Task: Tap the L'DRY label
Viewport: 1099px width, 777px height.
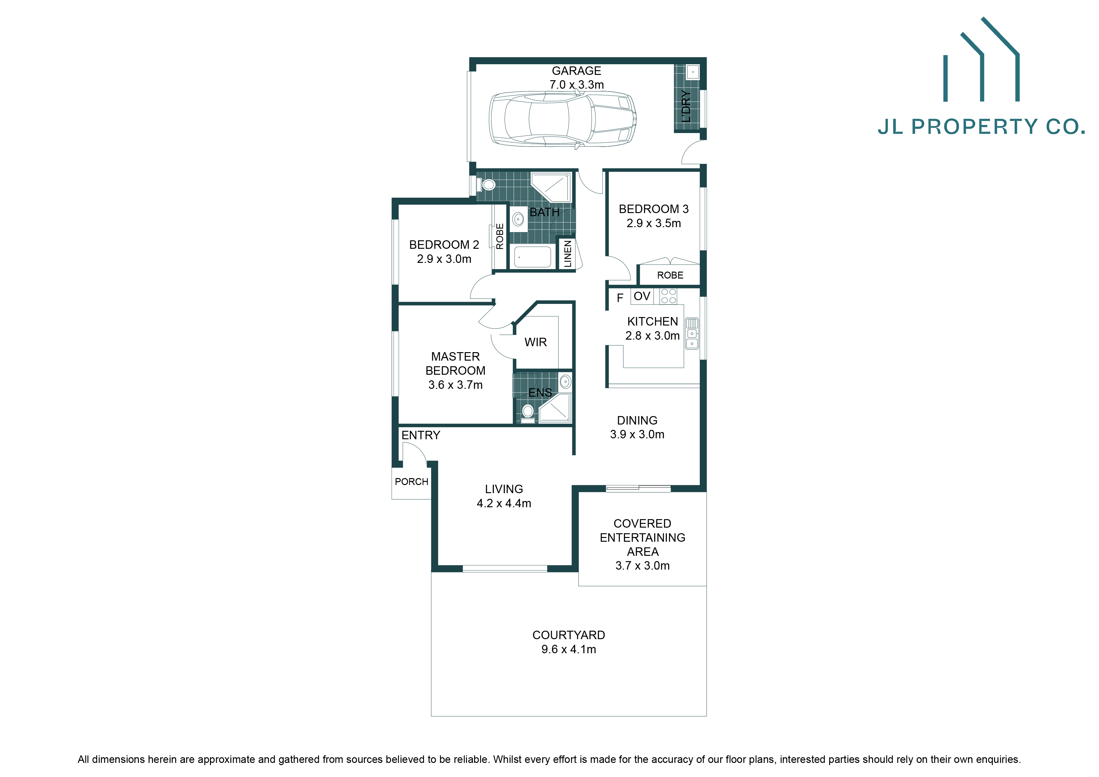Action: pos(686,106)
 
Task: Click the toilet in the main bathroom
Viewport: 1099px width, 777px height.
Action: pos(487,184)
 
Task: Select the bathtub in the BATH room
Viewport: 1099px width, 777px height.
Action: pos(532,257)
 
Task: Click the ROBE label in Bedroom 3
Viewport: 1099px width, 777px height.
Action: pos(670,275)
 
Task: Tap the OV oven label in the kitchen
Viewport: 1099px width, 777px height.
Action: pos(642,296)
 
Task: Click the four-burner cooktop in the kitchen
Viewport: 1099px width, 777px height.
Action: pos(669,296)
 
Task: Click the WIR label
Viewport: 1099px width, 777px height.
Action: pos(536,342)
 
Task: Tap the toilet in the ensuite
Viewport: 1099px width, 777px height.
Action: pos(527,412)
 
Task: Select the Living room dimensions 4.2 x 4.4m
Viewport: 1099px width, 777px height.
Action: pos(504,503)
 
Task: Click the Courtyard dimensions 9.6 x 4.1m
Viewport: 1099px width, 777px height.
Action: pos(569,649)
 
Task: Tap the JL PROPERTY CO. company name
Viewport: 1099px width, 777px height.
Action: pos(981,127)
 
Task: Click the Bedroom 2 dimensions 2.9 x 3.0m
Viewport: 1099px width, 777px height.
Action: pos(444,259)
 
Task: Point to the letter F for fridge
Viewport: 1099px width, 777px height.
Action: pos(620,298)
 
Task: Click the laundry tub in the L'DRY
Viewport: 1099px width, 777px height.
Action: pos(693,72)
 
